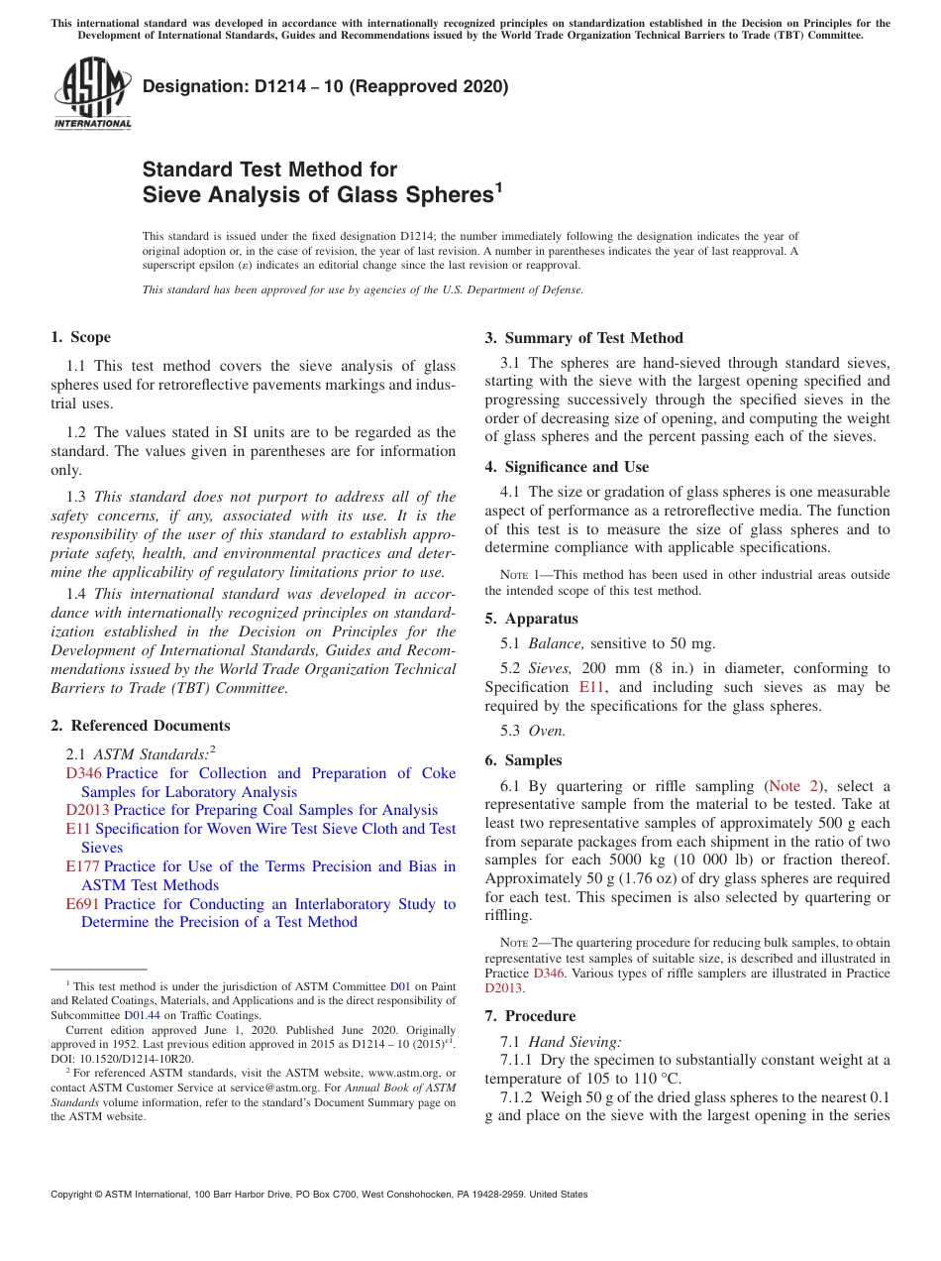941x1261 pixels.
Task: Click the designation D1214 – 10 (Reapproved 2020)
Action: coord(325,86)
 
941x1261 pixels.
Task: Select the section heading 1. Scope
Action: coord(81,337)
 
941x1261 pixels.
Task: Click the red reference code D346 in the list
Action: coord(83,773)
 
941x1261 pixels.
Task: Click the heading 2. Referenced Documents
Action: coord(141,726)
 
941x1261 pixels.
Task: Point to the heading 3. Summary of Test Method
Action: coord(583,338)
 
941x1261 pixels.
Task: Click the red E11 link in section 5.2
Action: coord(591,687)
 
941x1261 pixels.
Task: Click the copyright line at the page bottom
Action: coord(319,1195)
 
